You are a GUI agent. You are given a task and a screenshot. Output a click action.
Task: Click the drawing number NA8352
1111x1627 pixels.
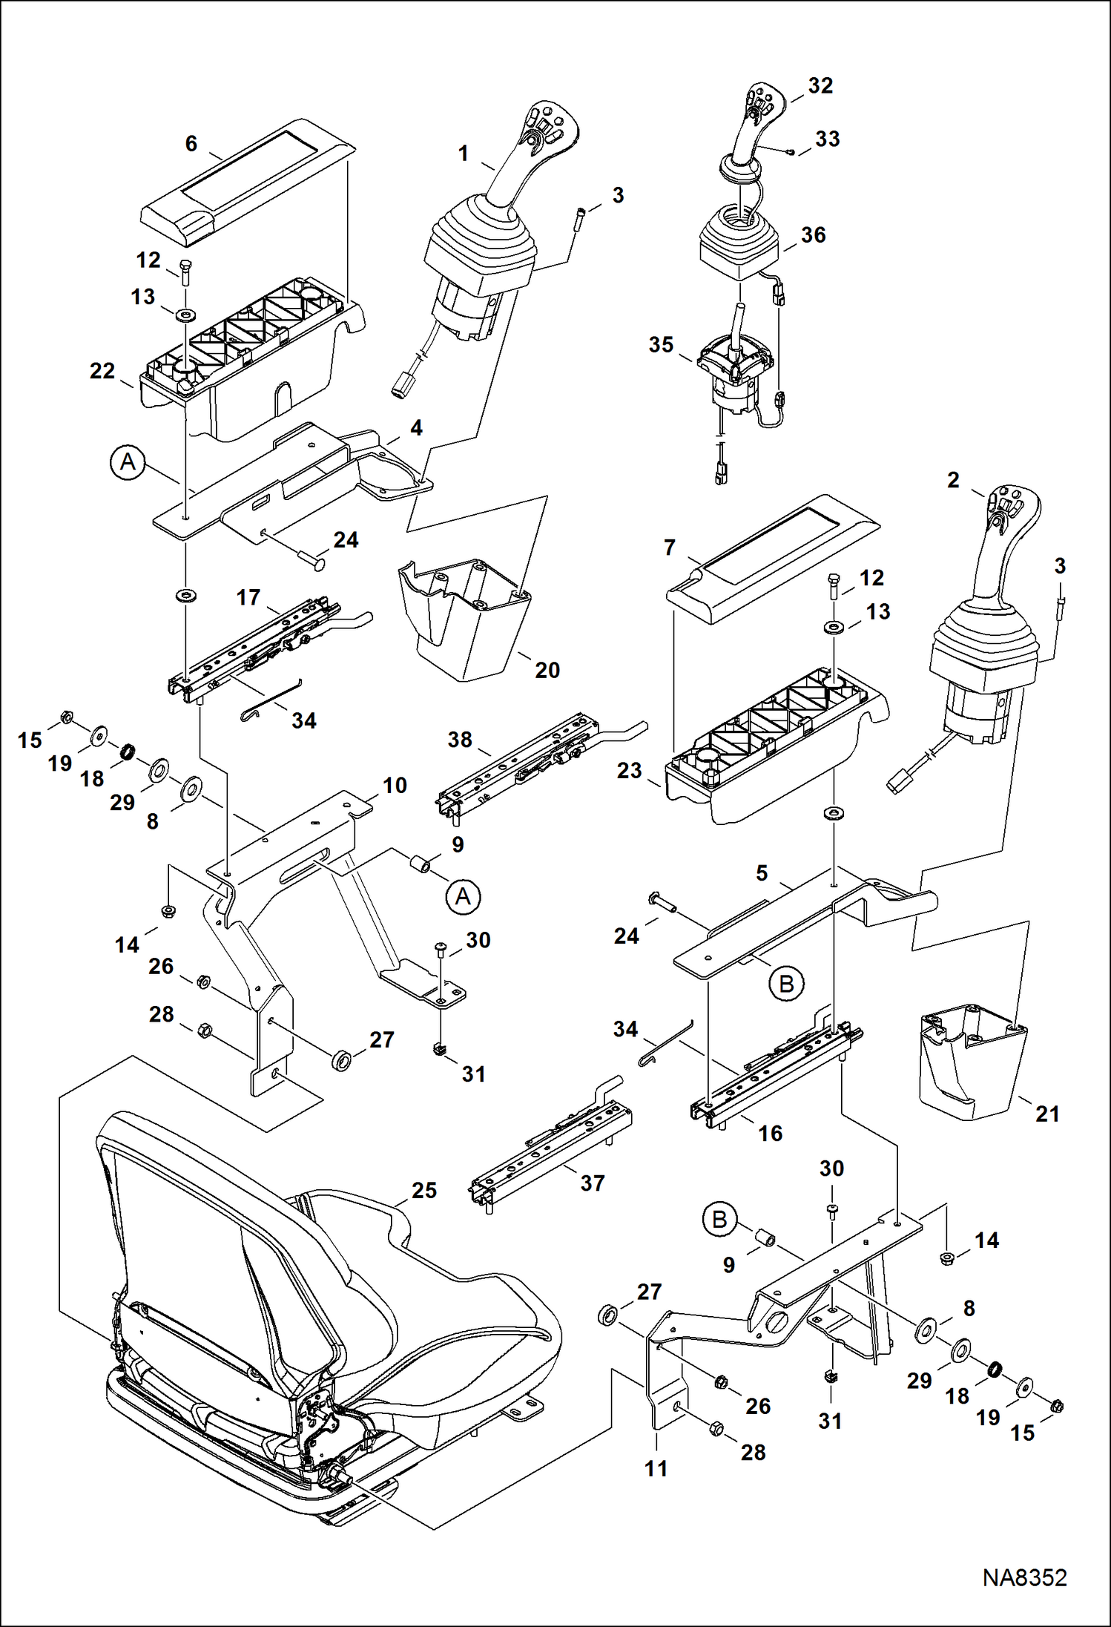coord(1024,1577)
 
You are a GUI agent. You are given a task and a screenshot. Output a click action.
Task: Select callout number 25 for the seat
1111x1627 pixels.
coord(424,1191)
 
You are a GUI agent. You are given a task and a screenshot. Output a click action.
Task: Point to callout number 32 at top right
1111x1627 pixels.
coord(820,86)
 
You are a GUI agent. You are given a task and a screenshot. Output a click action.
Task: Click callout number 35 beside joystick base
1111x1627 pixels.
coord(661,345)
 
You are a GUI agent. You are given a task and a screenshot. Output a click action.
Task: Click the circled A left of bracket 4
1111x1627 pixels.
coord(128,462)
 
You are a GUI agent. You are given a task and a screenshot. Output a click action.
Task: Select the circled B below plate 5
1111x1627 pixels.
coord(786,984)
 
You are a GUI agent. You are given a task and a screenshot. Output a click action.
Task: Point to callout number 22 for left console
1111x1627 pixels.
coord(102,371)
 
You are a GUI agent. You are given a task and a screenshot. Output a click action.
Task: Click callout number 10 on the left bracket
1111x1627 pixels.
coord(395,785)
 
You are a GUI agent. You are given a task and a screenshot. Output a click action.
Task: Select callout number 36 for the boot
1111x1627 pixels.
coord(814,235)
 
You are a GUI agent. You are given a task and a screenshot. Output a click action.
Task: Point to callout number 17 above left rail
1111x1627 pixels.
coord(248,597)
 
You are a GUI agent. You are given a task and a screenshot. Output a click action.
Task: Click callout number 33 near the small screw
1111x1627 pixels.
coord(828,139)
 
